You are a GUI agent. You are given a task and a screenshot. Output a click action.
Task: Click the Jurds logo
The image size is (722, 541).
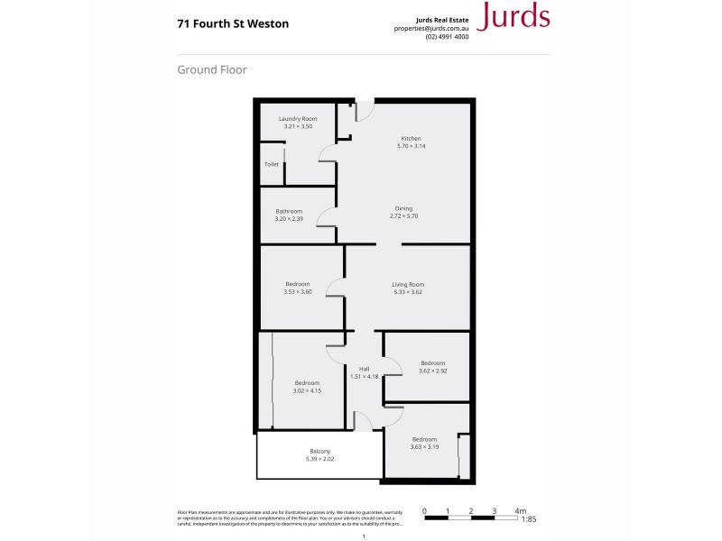(x=512, y=17)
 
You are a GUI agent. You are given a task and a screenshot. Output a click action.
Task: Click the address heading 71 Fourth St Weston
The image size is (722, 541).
(x=233, y=24)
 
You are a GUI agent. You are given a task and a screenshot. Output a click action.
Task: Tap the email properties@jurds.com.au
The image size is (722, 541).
(x=431, y=27)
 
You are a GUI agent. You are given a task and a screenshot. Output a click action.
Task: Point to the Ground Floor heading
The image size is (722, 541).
(x=212, y=69)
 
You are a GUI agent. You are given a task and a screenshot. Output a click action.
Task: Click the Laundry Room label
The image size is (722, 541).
(x=298, y=119)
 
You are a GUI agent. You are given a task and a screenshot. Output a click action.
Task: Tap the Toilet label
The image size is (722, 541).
(x=271, y=165)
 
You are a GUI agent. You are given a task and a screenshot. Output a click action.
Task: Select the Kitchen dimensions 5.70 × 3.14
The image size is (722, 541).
(x=412, y=146)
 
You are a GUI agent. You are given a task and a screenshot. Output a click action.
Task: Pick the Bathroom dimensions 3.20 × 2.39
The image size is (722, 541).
(x=289, y=218)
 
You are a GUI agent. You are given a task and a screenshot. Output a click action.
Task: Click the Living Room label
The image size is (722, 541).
(x=408, y=284)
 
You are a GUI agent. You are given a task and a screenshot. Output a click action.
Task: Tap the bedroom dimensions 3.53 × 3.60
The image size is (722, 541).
(x=297, y=292)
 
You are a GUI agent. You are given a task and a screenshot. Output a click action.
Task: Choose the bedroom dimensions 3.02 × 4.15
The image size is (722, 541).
(x=307, y=390)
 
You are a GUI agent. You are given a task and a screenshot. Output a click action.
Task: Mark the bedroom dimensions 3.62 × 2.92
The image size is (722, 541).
(x=432, y=371)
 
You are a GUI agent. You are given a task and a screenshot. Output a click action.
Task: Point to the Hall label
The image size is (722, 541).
(x=365, y=369)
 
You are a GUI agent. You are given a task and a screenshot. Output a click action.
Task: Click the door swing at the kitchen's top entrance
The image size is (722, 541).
(x=366, y=111)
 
